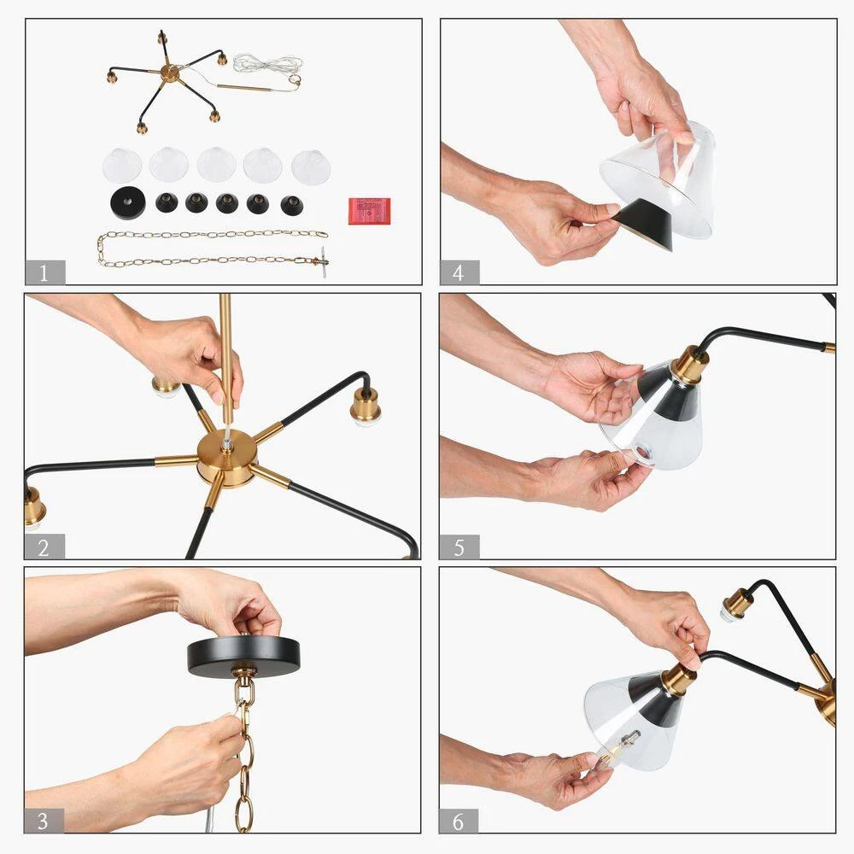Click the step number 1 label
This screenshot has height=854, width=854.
[44, 272]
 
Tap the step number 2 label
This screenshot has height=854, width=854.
[44, 547]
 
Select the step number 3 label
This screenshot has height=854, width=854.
[44, 821]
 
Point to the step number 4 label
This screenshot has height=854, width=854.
[459, 272]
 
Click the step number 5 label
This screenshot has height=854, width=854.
[459, 547]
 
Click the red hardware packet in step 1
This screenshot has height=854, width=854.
[370, 211]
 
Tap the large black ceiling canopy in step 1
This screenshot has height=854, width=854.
[128, 202]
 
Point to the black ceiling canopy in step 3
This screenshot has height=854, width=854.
[243, 656]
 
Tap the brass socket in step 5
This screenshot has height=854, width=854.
[689, 363]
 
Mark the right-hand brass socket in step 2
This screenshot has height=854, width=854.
[366, 407]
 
